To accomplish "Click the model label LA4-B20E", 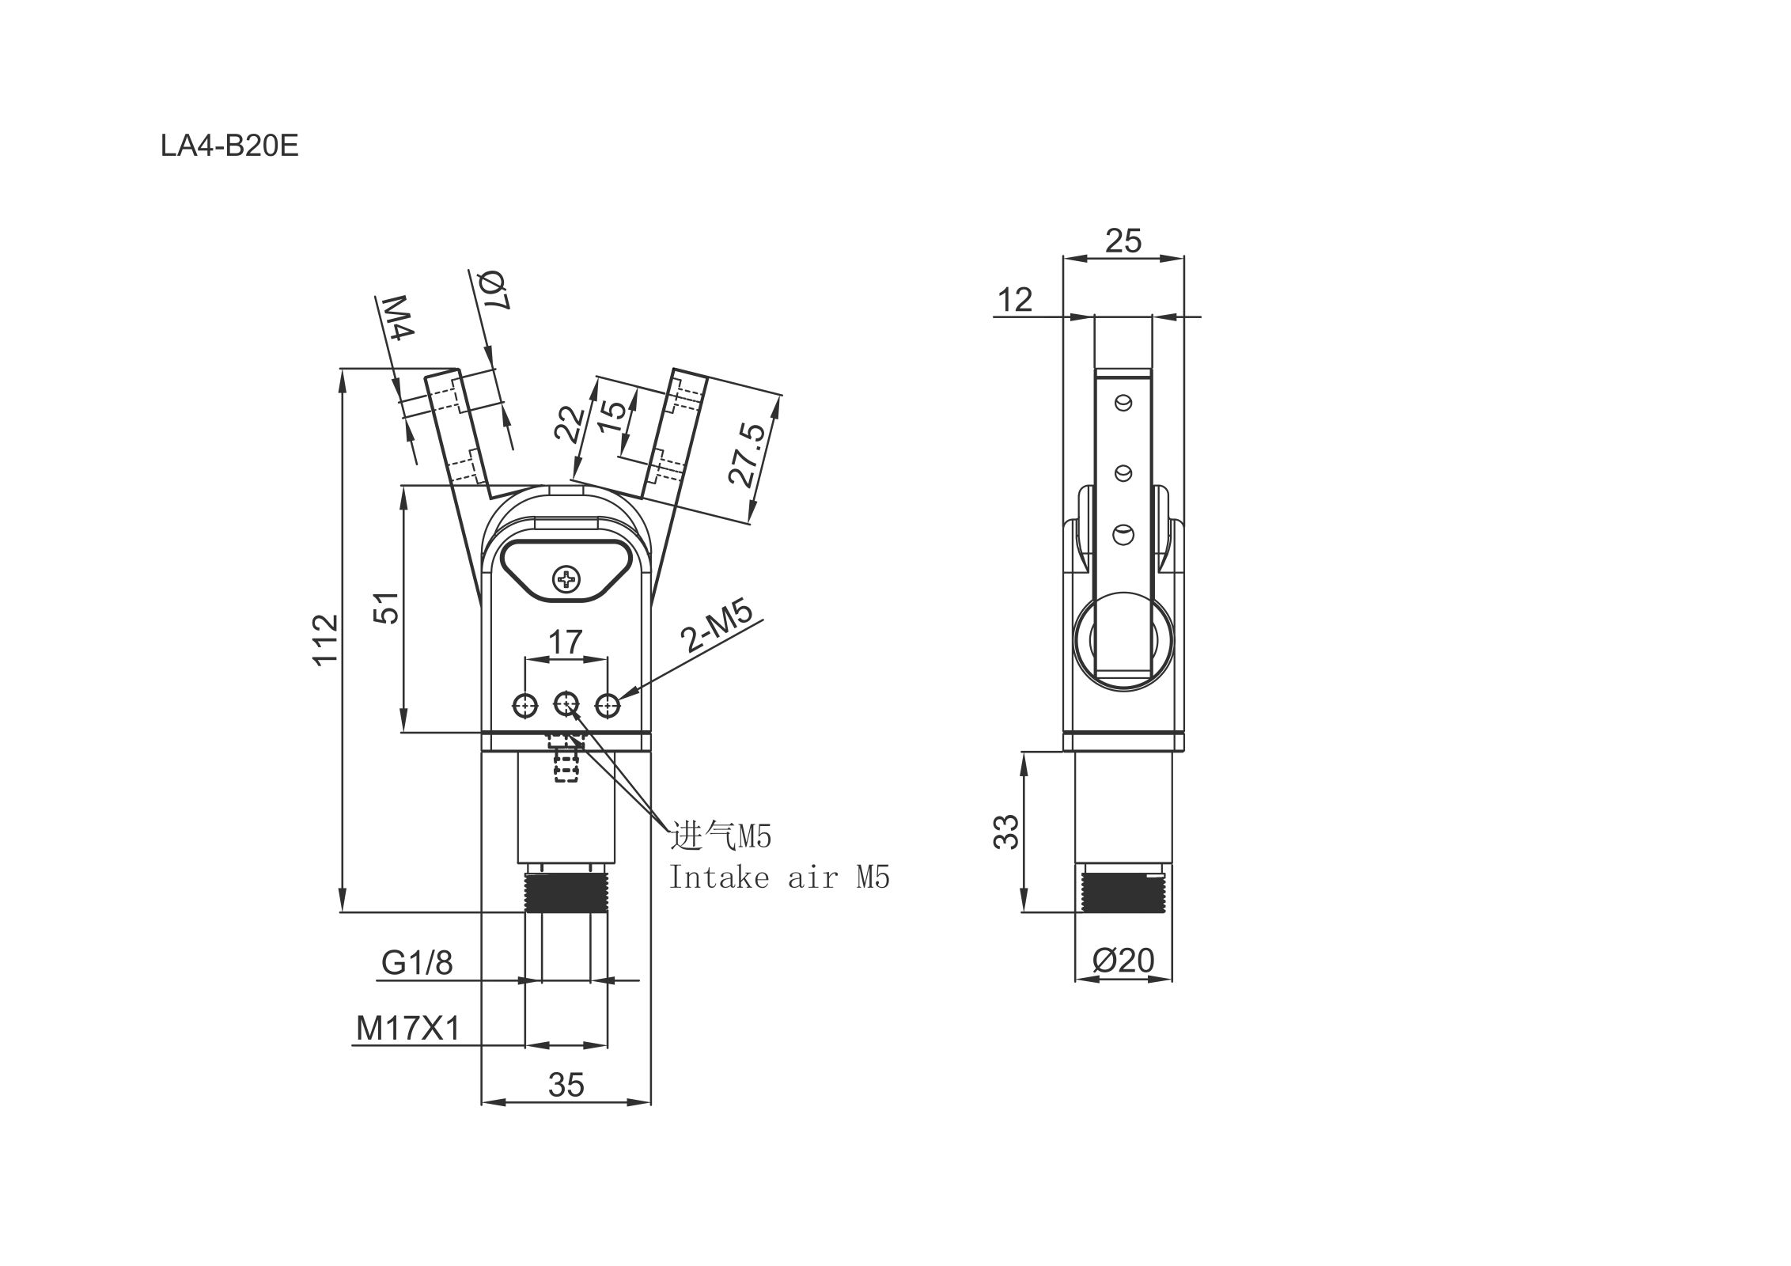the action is tap(229, 146).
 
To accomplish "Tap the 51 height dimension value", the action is tap(387, 608).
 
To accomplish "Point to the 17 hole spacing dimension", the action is tap(566, 642).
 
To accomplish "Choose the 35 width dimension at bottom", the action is tap(566, 1085).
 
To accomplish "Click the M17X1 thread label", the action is tap(408, 1028).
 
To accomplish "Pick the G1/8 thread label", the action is tap(417, 963).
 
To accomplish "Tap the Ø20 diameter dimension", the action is tap(1123, 960).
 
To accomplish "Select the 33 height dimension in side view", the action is tap(1007, 832).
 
